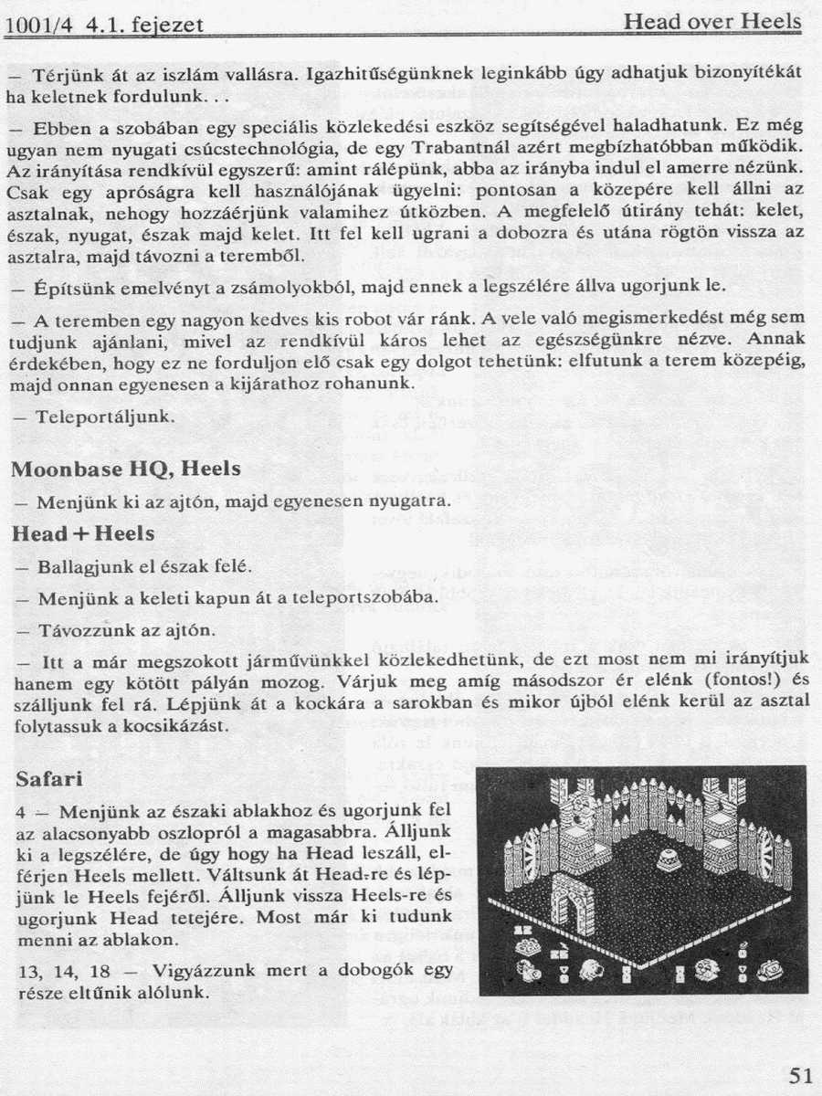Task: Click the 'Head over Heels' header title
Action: (x=712, y=21)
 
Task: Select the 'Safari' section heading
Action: (x=50, y=779)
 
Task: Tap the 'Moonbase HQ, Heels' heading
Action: (x=125, y=469)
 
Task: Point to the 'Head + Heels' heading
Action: (x=83, y=532)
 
